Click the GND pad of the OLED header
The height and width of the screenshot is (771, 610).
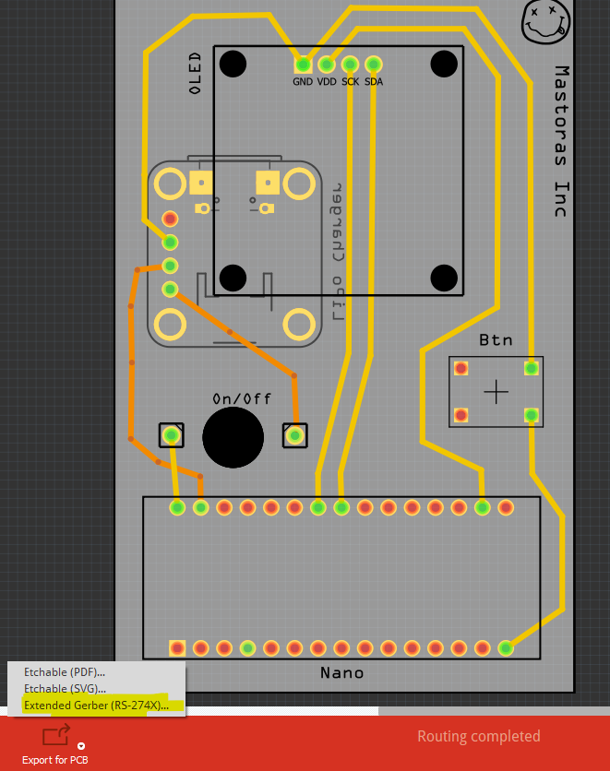(x=303, y=65)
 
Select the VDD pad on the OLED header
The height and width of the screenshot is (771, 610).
(x=326, y=65)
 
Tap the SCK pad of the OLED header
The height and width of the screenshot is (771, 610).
(x=350, y=65)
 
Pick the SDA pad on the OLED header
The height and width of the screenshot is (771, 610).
(x=374, y=65)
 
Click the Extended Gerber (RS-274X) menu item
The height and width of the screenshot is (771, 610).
(x=96, y=706)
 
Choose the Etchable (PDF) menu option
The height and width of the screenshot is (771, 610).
(x=65, y=672)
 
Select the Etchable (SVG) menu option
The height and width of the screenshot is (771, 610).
(x=65, y=689)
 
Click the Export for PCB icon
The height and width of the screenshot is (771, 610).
(x=55, y=736)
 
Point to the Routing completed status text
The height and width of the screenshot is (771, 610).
(x=478, y=736)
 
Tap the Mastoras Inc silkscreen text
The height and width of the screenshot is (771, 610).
(x=560, y=141)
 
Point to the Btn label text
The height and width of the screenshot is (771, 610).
(x=496, y=340)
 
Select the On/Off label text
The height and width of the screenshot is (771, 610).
(x=242, y=398)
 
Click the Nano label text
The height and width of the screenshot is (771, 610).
(x=341, y=672)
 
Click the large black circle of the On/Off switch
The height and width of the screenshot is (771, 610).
(x=233, y=437)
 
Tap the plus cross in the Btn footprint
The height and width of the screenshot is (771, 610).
(x=496, y=392)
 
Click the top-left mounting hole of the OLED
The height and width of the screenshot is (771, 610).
(x=233, y=64)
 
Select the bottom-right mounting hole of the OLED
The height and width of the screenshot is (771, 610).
(x=445, y=278)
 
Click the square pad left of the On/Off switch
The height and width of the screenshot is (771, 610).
(x=171, y=434)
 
